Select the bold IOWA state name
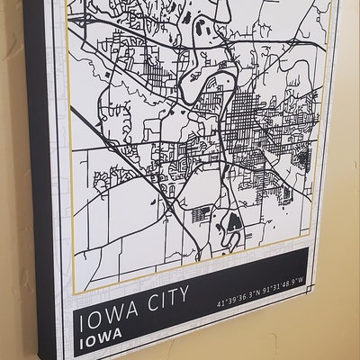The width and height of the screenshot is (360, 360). (100, 343)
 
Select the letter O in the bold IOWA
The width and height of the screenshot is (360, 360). (91, 343)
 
